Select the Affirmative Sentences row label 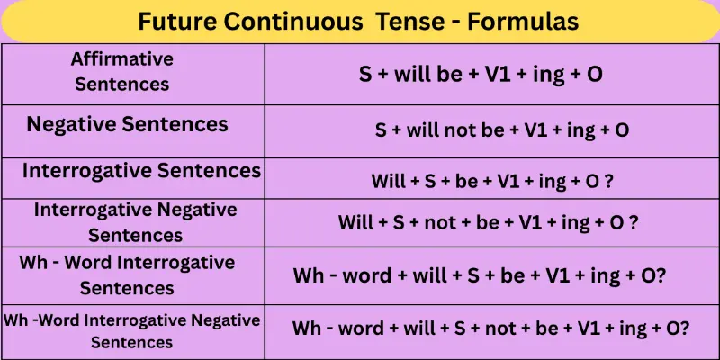pos(122,71)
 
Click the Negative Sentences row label pos(127,124)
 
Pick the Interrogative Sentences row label pos(142,170)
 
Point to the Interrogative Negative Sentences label pos(136,222)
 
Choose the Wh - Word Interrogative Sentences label pos(127,275)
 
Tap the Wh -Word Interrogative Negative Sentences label pos(132,330)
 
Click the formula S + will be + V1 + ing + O pos(481,74)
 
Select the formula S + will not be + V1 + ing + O pos(502,130)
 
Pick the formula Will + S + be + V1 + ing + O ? pos(492,181)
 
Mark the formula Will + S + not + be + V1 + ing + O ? pos(489,221)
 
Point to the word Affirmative pos(122,59)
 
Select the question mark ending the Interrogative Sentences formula pos(609,181)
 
